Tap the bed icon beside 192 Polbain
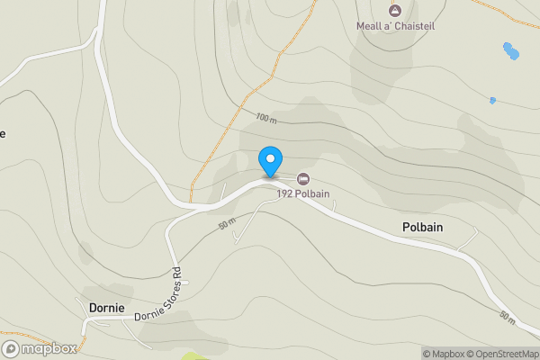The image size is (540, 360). click(302, 178)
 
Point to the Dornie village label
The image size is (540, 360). click(107, 307)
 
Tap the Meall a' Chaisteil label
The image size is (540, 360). click(395, 27)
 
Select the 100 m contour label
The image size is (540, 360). click(265, 118)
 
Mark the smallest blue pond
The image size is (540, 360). click(492, 100)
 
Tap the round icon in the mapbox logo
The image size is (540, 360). click(12, 348)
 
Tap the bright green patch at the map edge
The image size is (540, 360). click(193, 356)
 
